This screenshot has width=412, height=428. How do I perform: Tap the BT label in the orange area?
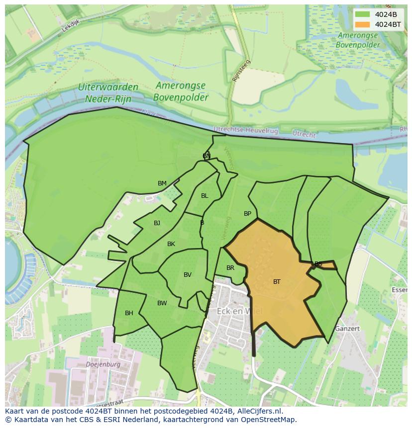[x=277, y=282]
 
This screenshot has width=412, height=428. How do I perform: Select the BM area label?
[x=162, y=183]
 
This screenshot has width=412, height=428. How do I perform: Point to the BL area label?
[x=205, y=196]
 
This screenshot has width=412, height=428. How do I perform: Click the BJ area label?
[x=157, y=223]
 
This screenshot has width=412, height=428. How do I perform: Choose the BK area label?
[x=171, y=244]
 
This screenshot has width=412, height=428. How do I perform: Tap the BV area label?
[x=188, y=275]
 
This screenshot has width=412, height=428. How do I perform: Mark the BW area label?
[x=162, y=303]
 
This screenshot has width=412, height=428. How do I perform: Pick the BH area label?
[x=129, y=313]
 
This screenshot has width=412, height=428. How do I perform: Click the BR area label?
[x=230, y=268]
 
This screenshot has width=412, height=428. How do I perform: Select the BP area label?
[x=247, y=214]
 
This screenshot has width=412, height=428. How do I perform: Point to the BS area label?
[x=318, y=264]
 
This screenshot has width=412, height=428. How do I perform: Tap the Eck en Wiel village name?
[x=239, y=311]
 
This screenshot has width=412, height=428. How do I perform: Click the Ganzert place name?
[x=347, y=329]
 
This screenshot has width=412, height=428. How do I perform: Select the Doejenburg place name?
[x=103, y=364]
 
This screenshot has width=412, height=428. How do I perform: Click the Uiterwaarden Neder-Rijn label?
[x=108, y=92]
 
